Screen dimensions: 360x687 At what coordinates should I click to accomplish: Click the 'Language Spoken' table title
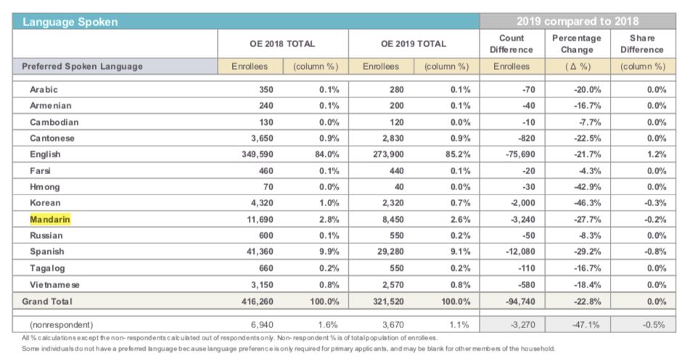coord(70,22)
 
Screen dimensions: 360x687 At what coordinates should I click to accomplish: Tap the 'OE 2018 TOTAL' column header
coord(282,44)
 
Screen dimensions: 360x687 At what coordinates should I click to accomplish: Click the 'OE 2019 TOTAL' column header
coord(414,44)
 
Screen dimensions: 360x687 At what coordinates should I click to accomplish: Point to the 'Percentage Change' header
coord(577,44)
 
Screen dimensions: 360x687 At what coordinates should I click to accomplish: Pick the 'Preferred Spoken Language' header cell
coord(83,66)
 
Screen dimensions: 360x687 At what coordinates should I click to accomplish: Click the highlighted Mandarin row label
coord(50,219)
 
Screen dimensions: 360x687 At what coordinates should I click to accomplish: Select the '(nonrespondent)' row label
coord(62,324)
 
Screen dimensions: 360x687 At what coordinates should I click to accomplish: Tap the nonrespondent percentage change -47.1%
coord(586,324)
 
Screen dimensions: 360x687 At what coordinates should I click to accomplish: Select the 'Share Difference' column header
coord(642,44)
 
